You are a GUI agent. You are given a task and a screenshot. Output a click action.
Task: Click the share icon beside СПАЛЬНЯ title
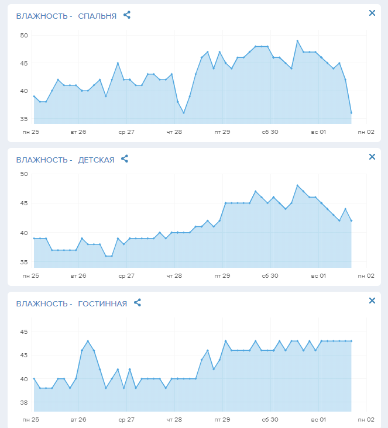pos(127,15)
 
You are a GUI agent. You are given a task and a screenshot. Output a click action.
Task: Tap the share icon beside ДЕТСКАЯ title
pos(125,159)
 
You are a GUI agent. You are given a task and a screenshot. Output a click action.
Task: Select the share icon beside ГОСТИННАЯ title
pos(138,303)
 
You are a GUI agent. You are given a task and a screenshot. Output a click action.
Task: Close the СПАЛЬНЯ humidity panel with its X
pos(372,13)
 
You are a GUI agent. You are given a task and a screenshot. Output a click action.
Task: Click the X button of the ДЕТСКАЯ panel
pos(372,157)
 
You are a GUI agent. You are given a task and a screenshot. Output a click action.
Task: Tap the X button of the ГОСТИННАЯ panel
pos(372,301)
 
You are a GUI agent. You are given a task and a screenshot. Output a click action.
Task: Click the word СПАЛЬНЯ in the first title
pos(97,16)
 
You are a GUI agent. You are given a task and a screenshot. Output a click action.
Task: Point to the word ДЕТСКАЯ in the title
pos(96,160)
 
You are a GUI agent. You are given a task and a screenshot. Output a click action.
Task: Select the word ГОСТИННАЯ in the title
pos(102,303)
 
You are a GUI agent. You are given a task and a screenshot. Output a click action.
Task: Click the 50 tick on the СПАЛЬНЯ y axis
pos(24,36)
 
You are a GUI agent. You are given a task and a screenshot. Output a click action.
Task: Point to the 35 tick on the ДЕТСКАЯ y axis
pos(24,263)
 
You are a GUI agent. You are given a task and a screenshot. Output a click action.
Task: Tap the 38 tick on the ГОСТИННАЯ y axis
pos(24,403)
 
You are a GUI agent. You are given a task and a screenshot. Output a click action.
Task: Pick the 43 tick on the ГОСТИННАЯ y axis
pos(24,355)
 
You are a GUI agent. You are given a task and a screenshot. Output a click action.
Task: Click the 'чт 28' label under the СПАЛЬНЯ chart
pos(174,132)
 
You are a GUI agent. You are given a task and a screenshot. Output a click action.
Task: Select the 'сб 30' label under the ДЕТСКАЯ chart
pos(270,275)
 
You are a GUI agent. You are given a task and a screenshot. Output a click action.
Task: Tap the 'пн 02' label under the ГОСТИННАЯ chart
pos(366,420)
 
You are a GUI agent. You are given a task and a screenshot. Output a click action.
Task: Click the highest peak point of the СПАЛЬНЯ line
pos(297,41)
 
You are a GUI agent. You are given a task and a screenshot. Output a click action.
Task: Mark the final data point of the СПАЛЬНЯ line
pos(351,113)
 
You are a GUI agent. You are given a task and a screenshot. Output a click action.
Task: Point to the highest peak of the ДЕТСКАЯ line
pos(297,185)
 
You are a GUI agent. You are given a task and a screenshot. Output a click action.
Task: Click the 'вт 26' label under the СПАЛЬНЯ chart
pos(78,132)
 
